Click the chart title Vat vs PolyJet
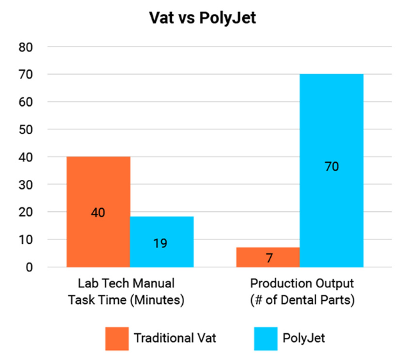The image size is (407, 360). coord(203,18)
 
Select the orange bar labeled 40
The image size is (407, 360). coord(98,187)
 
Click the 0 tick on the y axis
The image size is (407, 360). coord(29,267)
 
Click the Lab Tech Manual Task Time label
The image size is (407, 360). coord(125,291)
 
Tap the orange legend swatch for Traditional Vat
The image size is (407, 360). coord(117,337)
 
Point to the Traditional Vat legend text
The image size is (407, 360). coord(175,338)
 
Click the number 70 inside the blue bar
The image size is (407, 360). coord(332,167)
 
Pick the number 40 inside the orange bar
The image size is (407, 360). coord(98,213)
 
